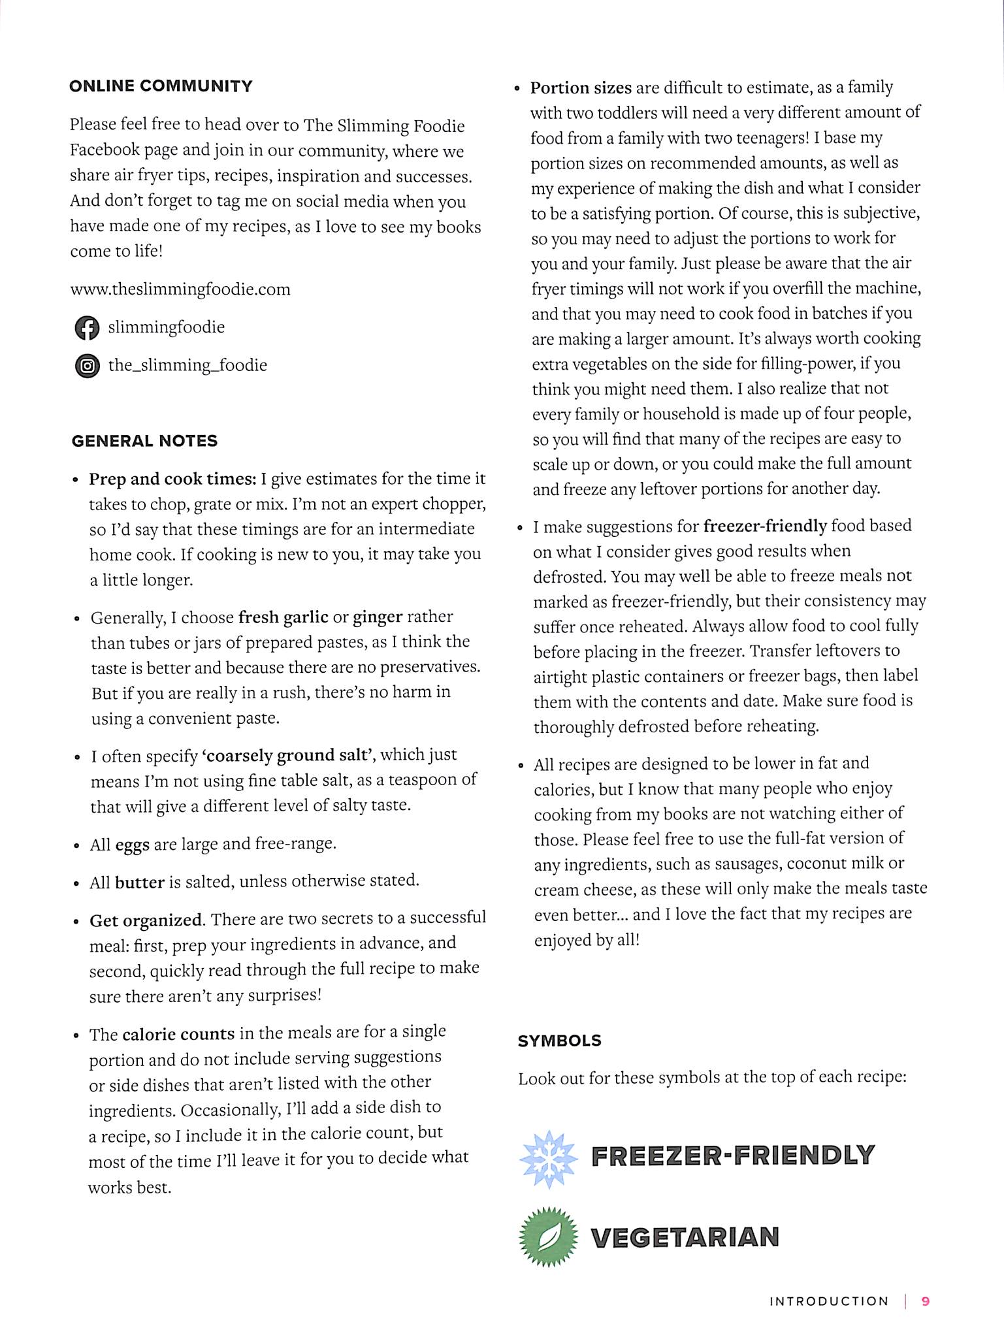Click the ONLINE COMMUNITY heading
click(x=161, y=86)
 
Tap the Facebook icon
click(x=86, y=328)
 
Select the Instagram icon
click(x=87, y=366)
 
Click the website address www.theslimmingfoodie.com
click(x=180, y=289)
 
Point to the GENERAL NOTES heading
click(x=144, y=441)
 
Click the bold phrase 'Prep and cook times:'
click(x=172, y=479)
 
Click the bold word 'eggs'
click(x=133, y=845)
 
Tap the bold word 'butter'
click(x=139, y=882)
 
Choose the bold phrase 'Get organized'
click(x=146, y=920)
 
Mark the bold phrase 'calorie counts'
click(x=178, y=1035)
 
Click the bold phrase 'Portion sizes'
click(x=581, y=88)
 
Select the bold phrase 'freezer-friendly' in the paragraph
click(x=765, y=526)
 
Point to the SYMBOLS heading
click(x=559, y=1041)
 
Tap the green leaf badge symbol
click(x=549, y=1237)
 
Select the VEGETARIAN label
click(x=685, y=1237)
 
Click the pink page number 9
click(x=925, y=1301)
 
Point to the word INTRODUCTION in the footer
click(x=829, y=1301)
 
